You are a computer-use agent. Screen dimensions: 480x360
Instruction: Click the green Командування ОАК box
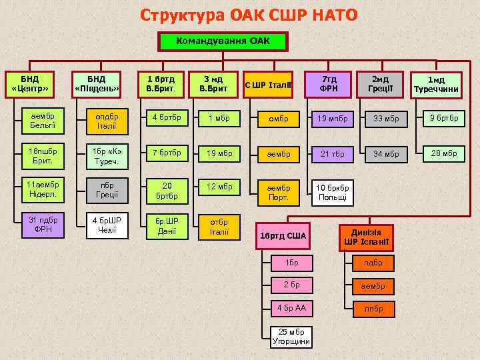(223, 41)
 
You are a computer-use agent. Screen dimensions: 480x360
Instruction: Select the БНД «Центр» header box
(30, 84)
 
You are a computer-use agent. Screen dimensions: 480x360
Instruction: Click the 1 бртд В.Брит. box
(160, 84)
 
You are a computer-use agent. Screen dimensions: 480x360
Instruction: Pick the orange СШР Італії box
(267, 85)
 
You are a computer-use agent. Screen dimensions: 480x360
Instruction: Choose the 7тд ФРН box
(329, 84)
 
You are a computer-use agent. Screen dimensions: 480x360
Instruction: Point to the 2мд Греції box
(381, 84)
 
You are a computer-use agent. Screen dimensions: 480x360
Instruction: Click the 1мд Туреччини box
(436, 85)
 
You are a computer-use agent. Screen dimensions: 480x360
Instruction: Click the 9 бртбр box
(443, 118)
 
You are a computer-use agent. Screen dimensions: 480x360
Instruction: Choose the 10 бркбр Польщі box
(331, 193)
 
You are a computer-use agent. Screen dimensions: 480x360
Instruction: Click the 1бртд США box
(283, 235)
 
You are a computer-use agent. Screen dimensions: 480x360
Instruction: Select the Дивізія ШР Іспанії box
(365, 236)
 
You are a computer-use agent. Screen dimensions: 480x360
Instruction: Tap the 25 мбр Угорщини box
(292, 337)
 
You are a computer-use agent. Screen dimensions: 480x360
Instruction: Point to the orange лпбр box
(373, 309)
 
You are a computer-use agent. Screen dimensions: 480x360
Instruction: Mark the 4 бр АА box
(292, 308)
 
